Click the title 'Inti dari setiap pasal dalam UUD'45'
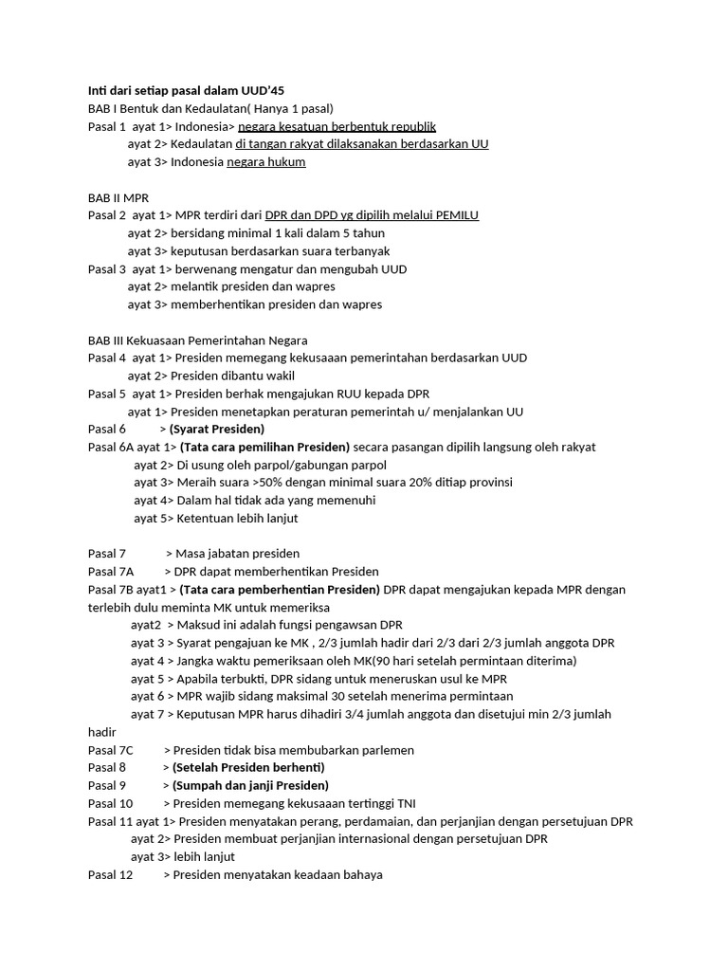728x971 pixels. click(186, 90)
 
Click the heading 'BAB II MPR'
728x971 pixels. click(118, 197)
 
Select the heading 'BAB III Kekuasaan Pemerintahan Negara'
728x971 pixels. click(197, 339)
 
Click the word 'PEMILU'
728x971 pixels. click(458, 215)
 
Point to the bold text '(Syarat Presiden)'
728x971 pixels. click(217, 429)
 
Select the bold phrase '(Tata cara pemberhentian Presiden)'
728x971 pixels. click(280, 590)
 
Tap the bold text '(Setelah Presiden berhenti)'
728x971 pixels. click(248, 767)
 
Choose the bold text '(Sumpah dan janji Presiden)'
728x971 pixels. click(250, 785)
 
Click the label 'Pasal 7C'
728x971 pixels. click(111, 750)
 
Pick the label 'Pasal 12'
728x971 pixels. click(110, 874)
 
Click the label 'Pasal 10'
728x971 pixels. click(110, 803)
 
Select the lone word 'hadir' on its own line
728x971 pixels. click(101, 732)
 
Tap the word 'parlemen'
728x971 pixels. click(389, 750)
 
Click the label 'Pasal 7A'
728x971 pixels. click(111, 572)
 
